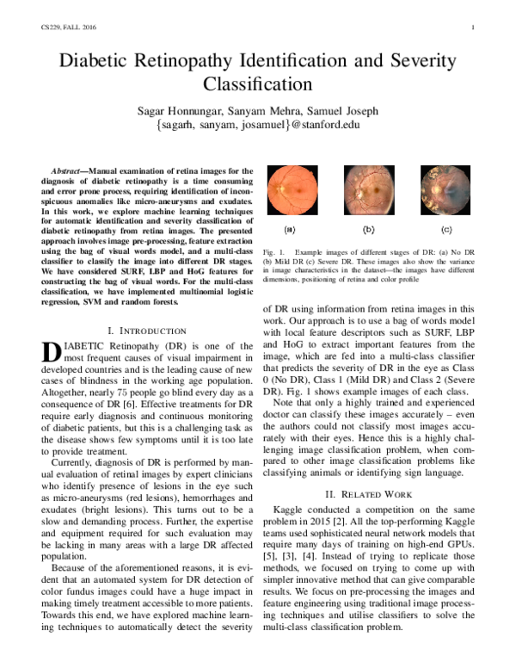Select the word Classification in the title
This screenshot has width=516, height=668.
point(257,85)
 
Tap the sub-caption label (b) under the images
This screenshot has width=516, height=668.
point(368,231)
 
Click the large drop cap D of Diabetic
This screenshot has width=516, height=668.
point(52,353)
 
